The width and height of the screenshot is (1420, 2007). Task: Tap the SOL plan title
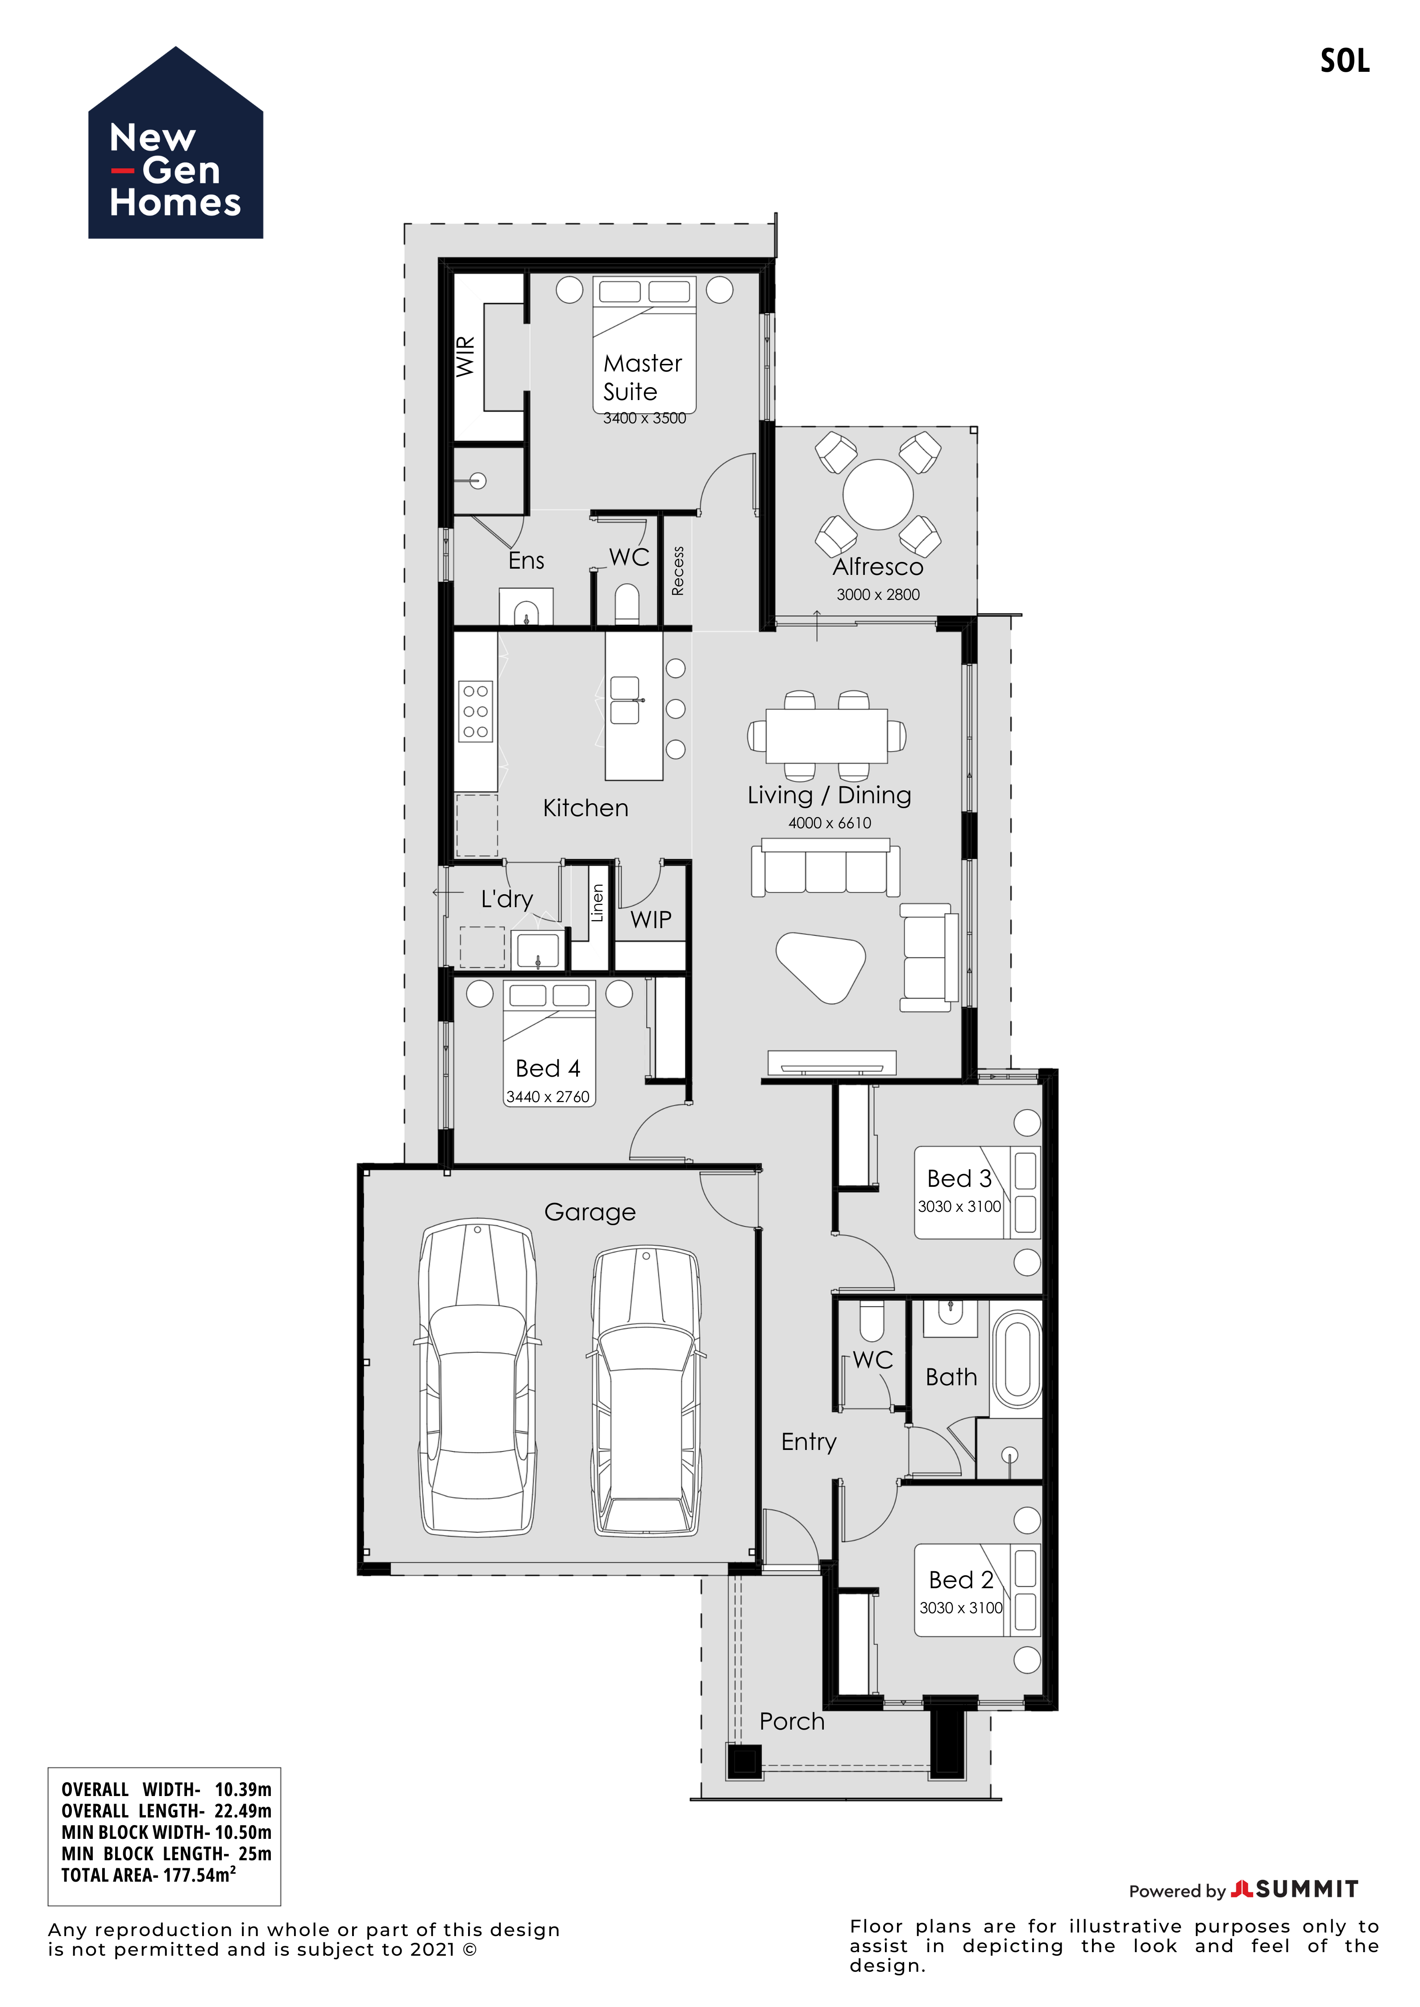pos(1345,61)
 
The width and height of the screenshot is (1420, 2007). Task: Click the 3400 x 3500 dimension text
pos(644,419)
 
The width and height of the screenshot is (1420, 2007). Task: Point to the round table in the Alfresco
pos(878,495)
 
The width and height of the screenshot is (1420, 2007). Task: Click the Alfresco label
pos(878,567)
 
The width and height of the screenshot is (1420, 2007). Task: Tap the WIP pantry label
pos(652,920)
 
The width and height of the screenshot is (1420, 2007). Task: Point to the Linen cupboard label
pos(597,903)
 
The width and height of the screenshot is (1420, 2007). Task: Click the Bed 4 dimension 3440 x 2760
pos(548,1097)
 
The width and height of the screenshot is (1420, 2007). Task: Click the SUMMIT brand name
pos(1307,1890)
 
